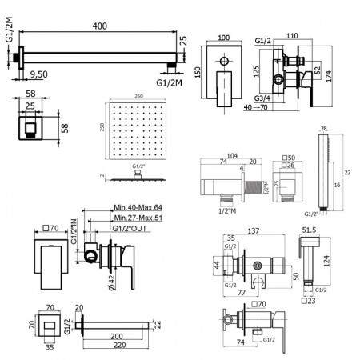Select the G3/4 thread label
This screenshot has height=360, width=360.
click(x=262, y=98)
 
